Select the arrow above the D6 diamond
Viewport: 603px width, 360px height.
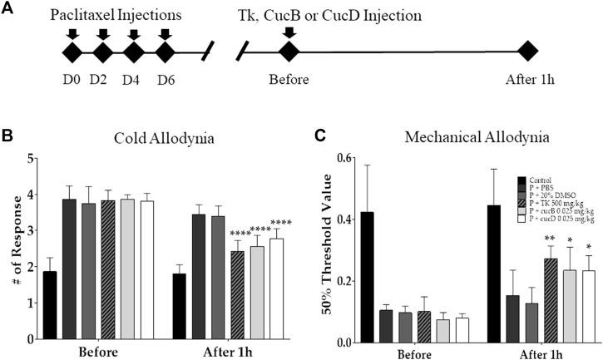164,34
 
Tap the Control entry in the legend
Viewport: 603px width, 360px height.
541,180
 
